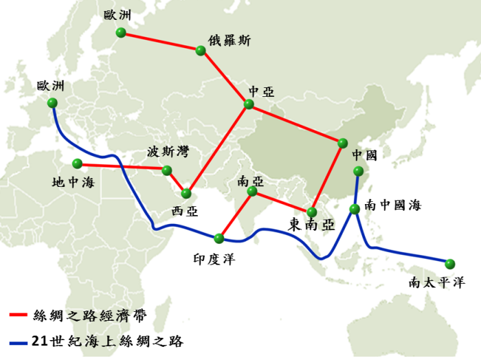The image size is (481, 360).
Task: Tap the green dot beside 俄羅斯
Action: click(x=200, y=51)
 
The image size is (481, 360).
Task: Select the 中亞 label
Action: click(x=261, y=91)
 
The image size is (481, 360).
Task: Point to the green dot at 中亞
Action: click(x=249, y=104)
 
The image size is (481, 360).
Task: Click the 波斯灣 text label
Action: click(x=167, y=152)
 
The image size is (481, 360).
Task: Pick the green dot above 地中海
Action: click(x=76, y=164)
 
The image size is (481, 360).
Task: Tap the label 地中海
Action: click(x=73, y=183)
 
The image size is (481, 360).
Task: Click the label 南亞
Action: click(x=250, y=182)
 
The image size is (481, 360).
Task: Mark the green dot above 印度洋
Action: click(x=219, y=238)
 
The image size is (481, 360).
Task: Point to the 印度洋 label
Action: click(x=215, y=258)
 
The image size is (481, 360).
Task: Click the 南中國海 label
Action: click(x=392, y=205)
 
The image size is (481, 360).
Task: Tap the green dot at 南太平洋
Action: click(x=450, y=264)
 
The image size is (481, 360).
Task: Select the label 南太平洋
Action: click(x=436, y=282)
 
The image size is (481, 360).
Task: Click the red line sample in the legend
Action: click(x=19, y=315)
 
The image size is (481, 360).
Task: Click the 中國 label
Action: click(x=365, y=154)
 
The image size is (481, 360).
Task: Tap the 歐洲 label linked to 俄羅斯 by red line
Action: click(x=118, y=14)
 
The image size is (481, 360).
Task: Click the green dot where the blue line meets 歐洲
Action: click(x=52, y=102)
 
